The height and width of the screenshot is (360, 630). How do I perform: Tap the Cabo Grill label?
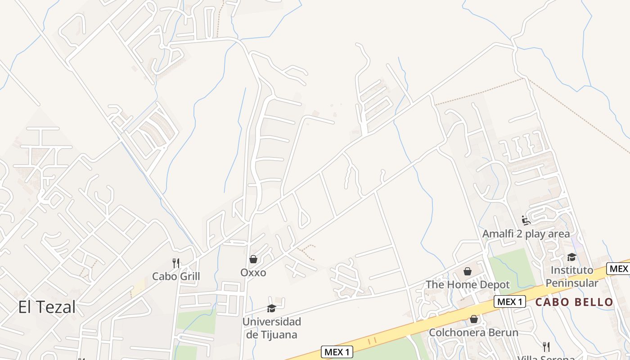click(x=176, y=276)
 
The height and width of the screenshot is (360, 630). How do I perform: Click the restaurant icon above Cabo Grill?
click(x=176, y=263)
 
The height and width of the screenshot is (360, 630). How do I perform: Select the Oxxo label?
click(x=253, y=272)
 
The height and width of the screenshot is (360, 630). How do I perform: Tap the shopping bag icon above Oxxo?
click(x=253, y=260)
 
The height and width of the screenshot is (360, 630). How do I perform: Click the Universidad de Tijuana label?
click(x=271, y=328)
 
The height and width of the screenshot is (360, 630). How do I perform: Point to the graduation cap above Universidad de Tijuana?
click(x=271, y=308)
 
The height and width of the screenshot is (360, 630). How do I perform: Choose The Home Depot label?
click(x=468, y=284)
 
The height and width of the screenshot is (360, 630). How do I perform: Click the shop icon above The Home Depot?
click(x=468, y=271)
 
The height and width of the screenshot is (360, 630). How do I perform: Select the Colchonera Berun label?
click(x=473, y=333)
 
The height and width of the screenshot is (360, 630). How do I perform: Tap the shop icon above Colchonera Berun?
click(x=473, y=319)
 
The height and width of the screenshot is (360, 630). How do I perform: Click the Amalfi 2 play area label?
click(x=526, y=234)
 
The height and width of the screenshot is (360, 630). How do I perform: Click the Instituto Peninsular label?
click(x=572, y=276)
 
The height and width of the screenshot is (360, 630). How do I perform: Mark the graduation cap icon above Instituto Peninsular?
click(x=571, y=257)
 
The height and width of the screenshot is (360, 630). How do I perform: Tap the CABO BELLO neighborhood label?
click(x=574, y=302)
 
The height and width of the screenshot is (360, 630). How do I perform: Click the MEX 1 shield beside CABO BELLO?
click(x=510, y=301)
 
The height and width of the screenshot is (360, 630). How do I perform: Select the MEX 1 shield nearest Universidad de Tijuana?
click(x=337, y=351)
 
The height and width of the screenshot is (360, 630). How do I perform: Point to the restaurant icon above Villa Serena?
click(x=546, y=346)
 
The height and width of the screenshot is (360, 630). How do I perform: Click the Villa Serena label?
click(x=546, y=357)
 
